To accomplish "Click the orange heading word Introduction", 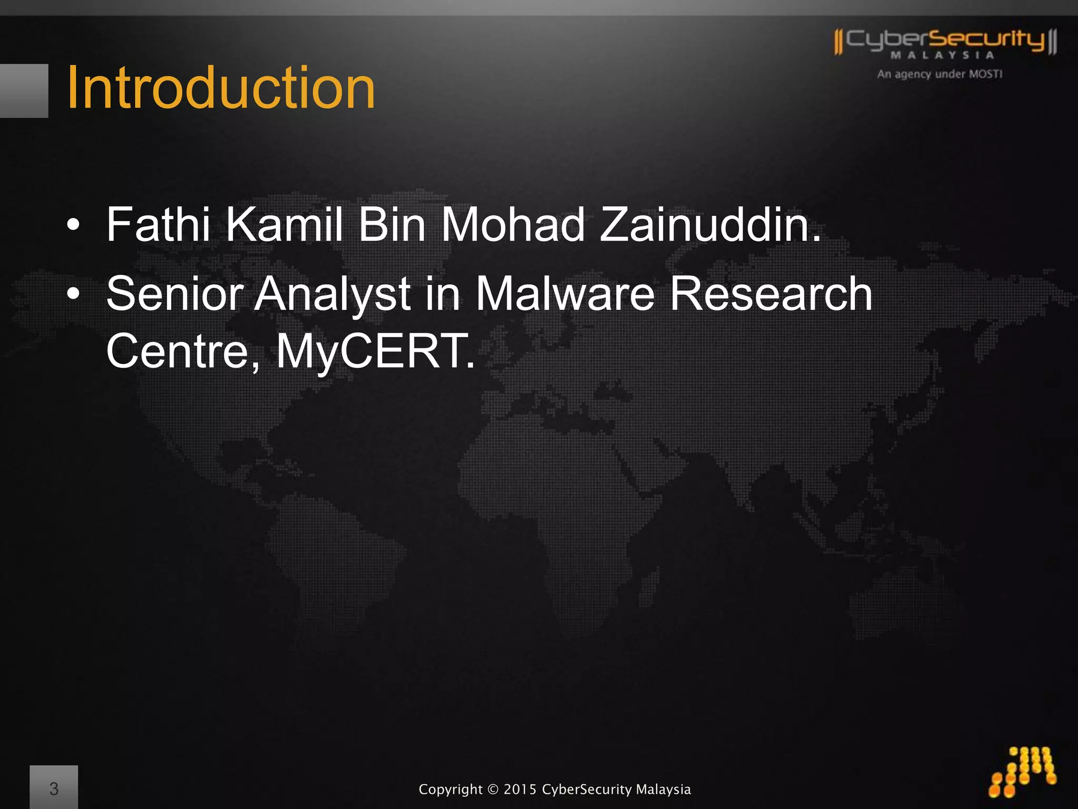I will (x=221, y=88).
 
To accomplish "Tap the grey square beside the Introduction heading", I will (x=24, y=91).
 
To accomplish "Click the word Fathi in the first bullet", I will (x=158, y=225).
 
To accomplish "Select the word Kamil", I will (x=284, y=225).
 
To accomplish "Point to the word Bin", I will (x=392, y=225).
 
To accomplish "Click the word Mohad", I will (x=513, y=225).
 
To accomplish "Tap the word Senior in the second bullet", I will (x=173, y=294).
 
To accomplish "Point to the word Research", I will (x=771, y=294).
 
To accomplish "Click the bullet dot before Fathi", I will (x=74, y=226).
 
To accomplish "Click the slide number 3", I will (x=54, y=788).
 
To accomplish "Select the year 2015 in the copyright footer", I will (x=520, y=790).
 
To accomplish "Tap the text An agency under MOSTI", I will (x=940, y=74).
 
